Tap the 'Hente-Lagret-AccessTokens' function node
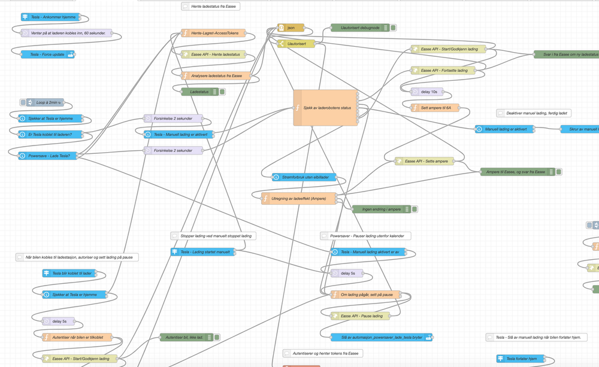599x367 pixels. [214, 34]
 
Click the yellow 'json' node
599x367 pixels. [291, 28]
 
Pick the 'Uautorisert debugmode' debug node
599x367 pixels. [359, 28]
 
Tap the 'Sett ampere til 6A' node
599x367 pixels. [435, 108]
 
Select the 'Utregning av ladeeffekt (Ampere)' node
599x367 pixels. [298, 198]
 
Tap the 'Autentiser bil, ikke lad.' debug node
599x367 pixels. [187, 338]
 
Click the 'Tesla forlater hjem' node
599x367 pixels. [521, 359]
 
